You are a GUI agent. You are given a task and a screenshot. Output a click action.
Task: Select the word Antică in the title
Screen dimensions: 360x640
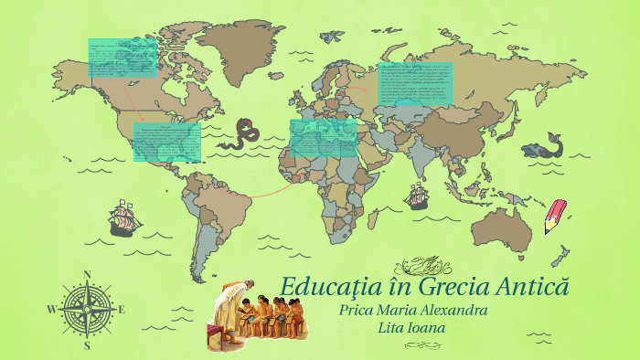coord(531,286)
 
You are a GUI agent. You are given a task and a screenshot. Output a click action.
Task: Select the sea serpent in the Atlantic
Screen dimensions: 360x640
coord(243,132)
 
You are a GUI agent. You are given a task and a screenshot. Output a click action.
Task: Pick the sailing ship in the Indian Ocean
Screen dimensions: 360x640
coord(417,195)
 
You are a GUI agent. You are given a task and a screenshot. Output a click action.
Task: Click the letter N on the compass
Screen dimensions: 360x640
coord(88,274)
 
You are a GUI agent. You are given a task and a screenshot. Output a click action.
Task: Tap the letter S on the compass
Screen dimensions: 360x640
coord(87,345)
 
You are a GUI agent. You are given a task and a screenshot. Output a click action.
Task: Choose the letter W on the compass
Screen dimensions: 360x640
coord(51,310)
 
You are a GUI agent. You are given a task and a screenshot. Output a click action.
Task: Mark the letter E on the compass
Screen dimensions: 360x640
coord(122,310)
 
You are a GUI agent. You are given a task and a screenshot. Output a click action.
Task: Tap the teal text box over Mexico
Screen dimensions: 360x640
coord(167,143)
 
